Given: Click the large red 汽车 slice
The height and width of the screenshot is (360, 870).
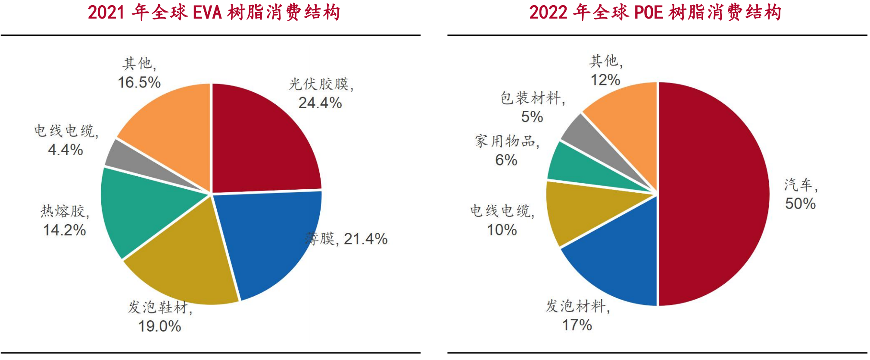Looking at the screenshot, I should (711, 194).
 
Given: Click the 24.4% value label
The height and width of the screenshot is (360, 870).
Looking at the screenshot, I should (320, 103).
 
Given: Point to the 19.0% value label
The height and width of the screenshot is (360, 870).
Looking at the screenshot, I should (159, 326).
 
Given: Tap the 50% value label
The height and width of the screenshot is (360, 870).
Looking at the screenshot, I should (800, 203).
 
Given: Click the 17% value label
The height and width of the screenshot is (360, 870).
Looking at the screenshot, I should (577, 325).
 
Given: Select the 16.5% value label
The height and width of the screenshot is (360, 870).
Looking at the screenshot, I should (139, 82).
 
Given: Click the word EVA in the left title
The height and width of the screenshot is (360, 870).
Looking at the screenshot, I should (207, 13).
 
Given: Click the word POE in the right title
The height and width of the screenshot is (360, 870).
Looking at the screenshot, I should (649, 13).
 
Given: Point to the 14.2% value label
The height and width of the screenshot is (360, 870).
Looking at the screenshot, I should (65, 230).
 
